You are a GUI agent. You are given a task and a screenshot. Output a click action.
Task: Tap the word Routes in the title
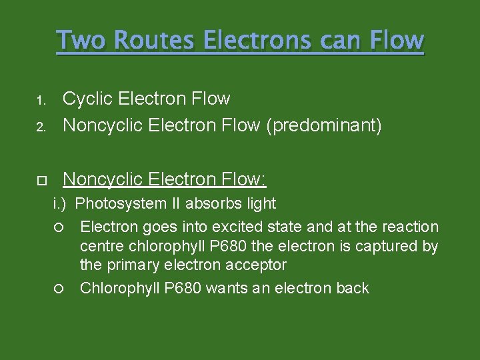153,41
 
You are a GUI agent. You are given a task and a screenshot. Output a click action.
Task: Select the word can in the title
341,41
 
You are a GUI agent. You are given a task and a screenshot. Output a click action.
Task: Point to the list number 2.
40,127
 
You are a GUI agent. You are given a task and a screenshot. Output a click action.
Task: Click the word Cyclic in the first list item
89,99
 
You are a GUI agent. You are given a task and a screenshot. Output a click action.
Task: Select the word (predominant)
324,126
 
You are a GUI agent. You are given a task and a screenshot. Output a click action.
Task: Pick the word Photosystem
129,203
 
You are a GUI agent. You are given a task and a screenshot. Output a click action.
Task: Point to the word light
261,203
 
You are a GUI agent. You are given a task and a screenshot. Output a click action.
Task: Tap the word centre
101,246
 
